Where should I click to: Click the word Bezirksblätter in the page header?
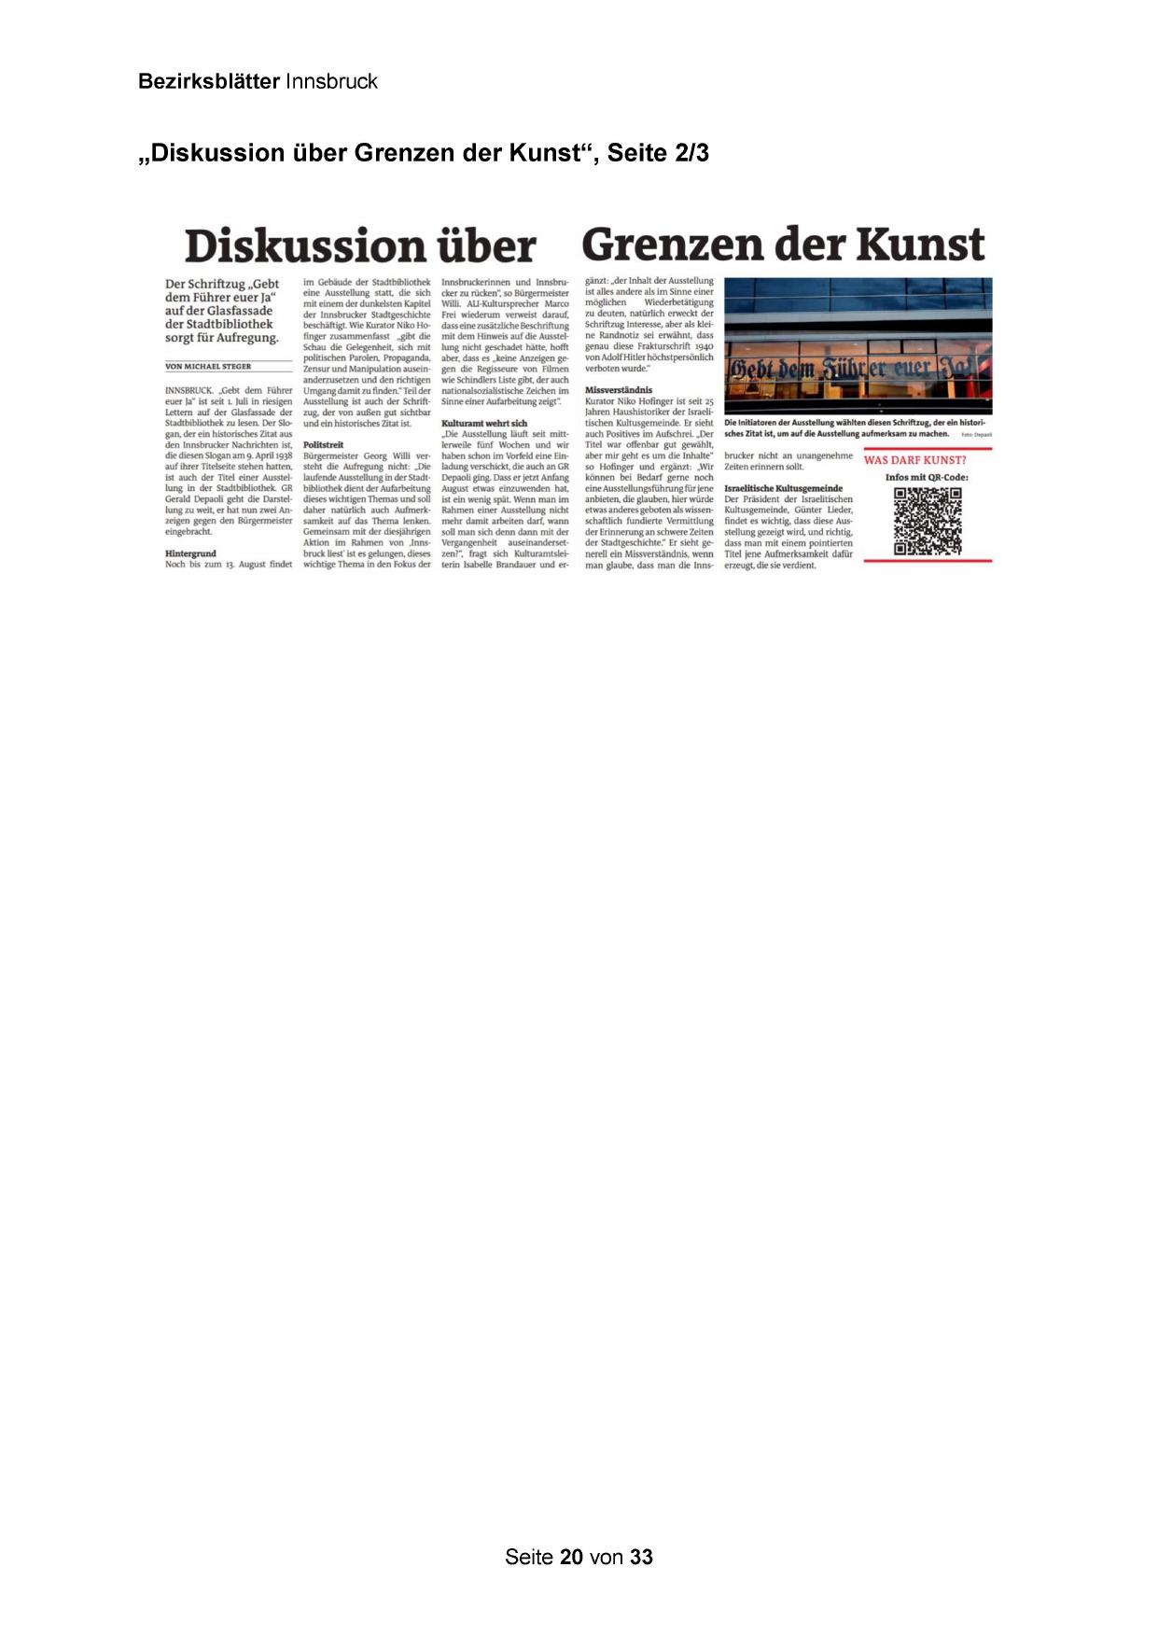coord(208,81)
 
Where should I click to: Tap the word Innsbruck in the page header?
coord(331,81)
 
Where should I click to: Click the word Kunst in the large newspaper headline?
coord(919,245)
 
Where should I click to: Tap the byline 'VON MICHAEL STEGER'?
coord(208,367)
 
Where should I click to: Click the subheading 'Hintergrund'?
coord(190,553)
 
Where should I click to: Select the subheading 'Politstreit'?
coord(324,445)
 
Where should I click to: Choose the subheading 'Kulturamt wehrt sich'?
coord(484,424)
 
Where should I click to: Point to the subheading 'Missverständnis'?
coord(619,390)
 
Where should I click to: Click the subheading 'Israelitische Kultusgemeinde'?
coord(783,488)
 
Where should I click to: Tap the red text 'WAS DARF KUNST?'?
coord(915,460)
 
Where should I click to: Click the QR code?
coord(928,521)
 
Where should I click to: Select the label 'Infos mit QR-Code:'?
coord(927,478)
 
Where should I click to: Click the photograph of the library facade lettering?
coord(858,345)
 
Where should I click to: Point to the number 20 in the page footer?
coord(572,1557)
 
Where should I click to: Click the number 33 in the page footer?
coord(641,1557)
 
